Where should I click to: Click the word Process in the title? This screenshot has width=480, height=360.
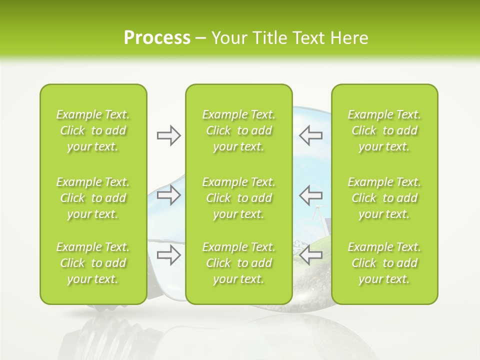[x=157, y=38]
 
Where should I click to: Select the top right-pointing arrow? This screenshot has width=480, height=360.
[x=168, y=135]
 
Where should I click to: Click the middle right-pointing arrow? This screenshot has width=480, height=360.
[x=168, y=194]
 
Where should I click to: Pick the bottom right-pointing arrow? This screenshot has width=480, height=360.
[x=168, y=255]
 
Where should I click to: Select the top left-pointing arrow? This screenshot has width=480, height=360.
[x=311, y=135]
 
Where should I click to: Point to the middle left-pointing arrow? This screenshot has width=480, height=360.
[x=311, y=194]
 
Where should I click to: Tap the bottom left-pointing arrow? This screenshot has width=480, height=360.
[x=311, y=255]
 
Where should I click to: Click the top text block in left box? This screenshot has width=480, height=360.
[x=93, y=130]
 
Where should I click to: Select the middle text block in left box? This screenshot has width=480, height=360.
[x=93, y=198]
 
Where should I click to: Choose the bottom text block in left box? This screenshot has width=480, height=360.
[x=93, y=263]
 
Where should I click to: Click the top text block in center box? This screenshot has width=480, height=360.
[x=238, y=130]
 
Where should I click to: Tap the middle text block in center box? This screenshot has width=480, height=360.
[x=238, y=198]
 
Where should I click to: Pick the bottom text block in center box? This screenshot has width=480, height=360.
[x=238, y=263]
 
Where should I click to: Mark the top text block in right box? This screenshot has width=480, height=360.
[x=384, y=130]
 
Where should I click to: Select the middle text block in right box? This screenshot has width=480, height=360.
[x=384, y=198]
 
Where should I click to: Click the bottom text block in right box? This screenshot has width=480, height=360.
[x=384, y=263]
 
